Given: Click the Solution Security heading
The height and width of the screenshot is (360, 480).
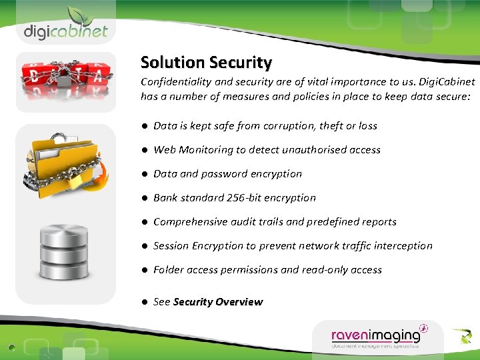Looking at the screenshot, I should tap(206, 63).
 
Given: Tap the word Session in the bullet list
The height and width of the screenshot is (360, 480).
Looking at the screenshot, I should tap(171, 246).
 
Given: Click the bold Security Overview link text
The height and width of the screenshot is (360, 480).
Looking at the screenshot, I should tap(218, 302).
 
